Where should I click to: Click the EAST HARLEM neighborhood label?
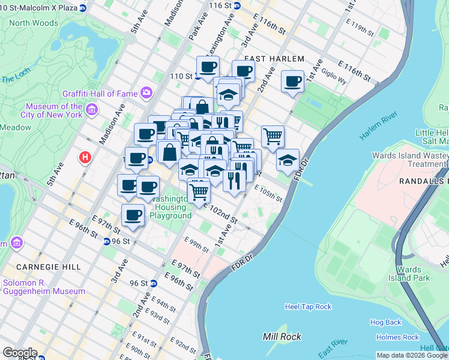(275, 59)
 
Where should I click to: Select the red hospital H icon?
(86, 158)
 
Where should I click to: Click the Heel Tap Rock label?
(308, 307)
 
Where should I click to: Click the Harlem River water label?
(379, 127)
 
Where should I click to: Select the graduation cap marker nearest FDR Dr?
(288, 160)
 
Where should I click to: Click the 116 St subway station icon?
(237, 5)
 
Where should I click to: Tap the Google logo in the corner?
(19, 353)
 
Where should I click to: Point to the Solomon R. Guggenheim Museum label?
(44, 287)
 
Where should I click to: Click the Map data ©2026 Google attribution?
(412, 355)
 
